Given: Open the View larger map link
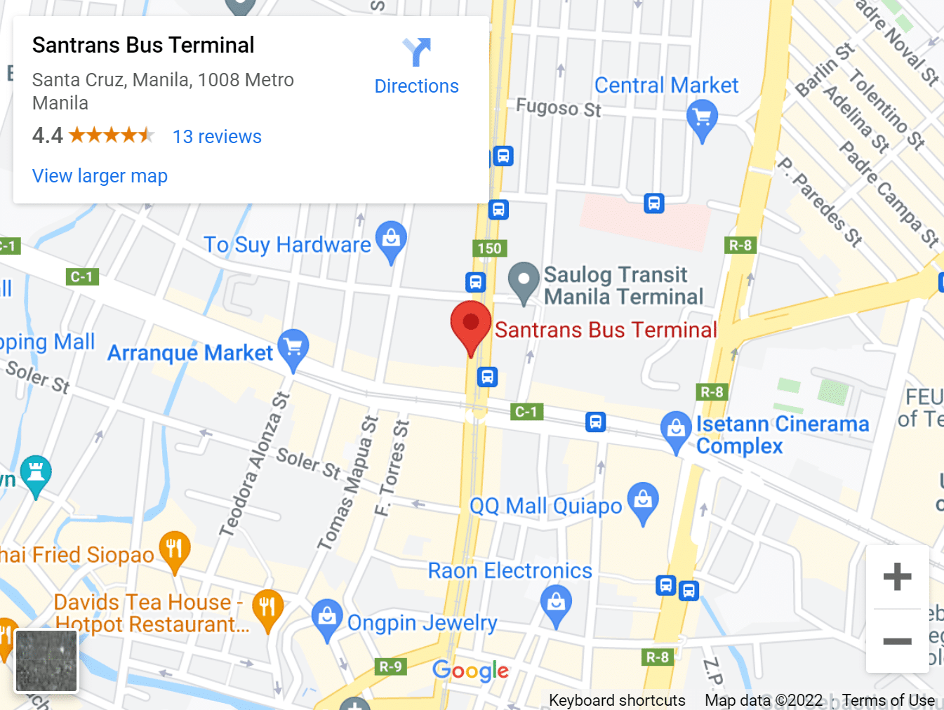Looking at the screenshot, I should click(x=100, y=176).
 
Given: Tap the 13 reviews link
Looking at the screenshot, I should click(x=217, y=137).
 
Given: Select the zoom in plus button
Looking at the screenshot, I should click(x=897, y=577).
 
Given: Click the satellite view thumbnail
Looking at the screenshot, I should click(x=46, y=660).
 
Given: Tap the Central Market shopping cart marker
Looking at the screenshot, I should click(x=702, y=118).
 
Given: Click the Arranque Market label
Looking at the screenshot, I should click(x=190, y=352).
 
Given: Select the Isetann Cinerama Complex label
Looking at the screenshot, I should click(x=782, y=435).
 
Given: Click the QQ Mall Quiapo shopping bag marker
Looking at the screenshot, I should click(x=643, y=500).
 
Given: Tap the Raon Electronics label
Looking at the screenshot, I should click(x=510, y=571).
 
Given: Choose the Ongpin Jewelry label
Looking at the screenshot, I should click(x=422, y=622).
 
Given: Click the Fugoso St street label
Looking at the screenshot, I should click(x=559, y=108).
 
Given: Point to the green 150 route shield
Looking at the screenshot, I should click(x=489, y=248).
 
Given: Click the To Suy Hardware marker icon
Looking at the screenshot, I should click(x=391, y=239).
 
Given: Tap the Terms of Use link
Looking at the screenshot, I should click(x=888, y=700).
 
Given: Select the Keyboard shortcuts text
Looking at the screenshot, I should click(x=617, y=700).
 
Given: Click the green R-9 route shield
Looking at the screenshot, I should click(x=390, y=667).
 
